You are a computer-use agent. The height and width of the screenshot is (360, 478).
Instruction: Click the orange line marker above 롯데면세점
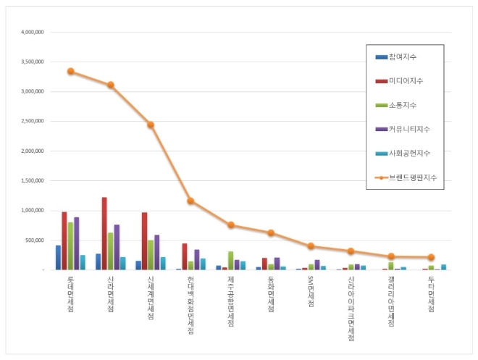(70, 72)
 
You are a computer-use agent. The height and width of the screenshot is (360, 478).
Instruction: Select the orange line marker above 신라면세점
(111, 85)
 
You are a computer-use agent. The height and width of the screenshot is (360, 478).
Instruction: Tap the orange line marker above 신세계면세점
(151, 125)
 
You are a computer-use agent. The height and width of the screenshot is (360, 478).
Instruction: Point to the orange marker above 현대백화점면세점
(190, 201)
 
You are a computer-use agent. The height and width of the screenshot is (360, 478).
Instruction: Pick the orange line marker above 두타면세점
(431, 257)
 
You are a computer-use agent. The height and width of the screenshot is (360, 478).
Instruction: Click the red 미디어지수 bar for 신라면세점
(104, 233)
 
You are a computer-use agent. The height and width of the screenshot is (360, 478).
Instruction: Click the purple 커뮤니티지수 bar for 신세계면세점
(157, 252)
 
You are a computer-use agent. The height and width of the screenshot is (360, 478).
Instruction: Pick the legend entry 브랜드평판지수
(413, 177)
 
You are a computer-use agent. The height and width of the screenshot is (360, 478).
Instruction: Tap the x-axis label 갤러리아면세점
(391, 301)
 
